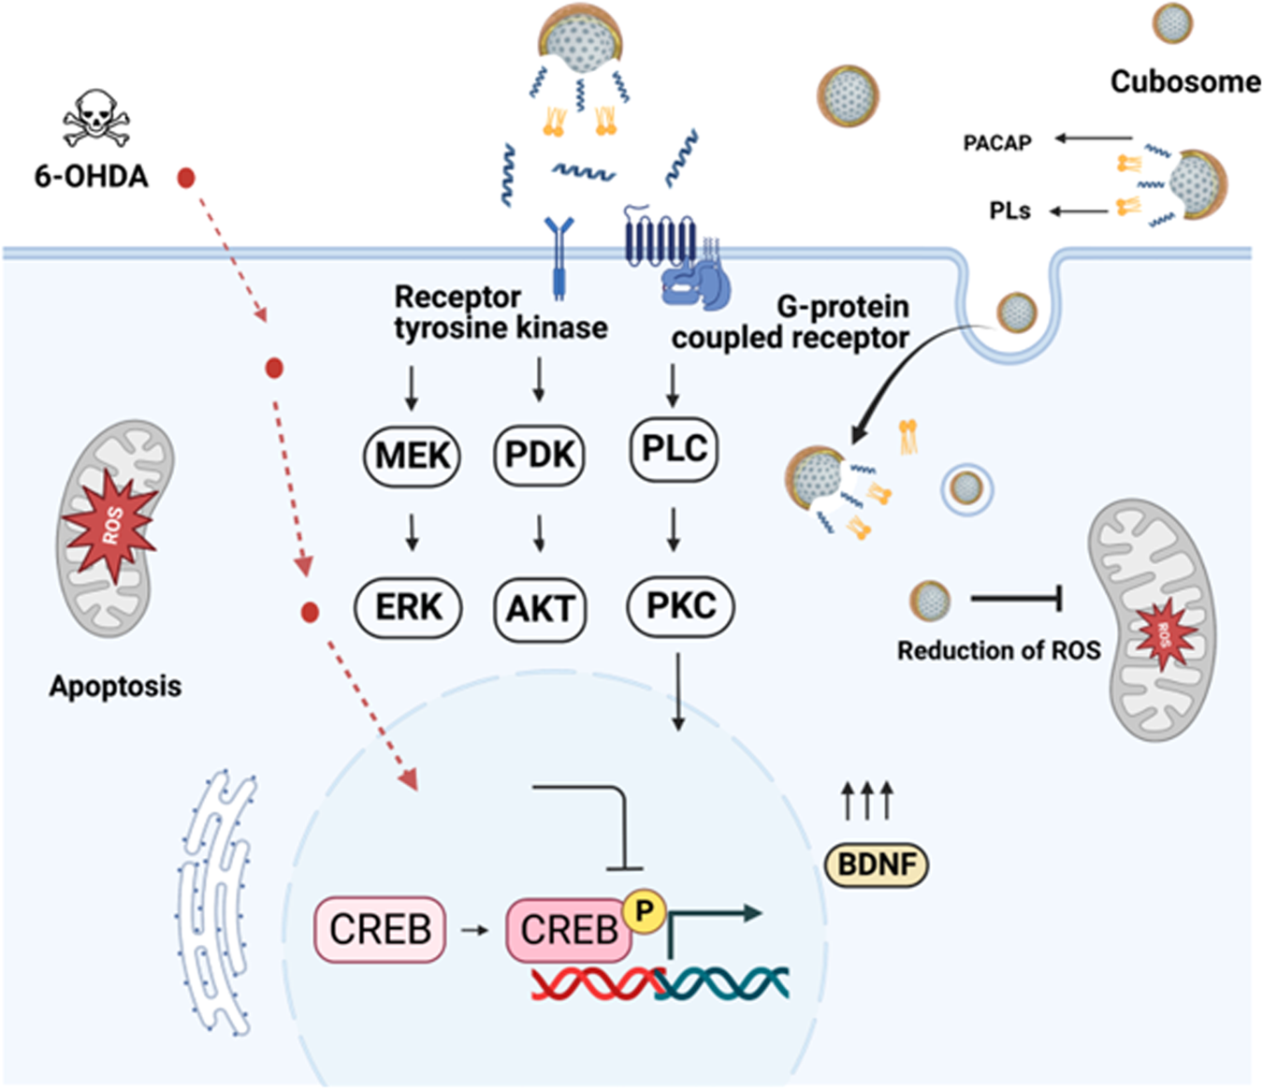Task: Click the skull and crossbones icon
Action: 94,119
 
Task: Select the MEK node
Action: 412,456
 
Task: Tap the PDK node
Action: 539,455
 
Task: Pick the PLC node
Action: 674,449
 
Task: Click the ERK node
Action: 409,607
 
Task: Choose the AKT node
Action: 540,610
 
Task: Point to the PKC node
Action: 680,605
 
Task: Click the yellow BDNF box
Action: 877,864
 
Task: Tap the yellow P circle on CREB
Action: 644,908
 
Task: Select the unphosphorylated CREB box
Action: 380,929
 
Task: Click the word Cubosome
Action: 1185,82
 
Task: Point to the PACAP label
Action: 997,143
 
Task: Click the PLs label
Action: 1009,211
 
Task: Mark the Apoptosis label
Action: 115,686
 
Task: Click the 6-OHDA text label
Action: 91,176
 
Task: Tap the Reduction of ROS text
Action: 998,650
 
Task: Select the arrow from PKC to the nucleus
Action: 679,692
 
